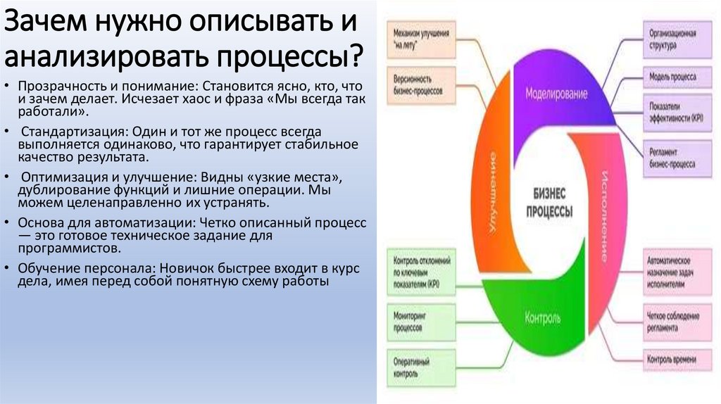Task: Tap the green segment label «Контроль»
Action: (543, 318)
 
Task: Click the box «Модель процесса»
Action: (673, 76)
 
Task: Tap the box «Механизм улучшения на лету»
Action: (422, 39)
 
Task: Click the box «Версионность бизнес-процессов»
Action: (422, 83)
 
